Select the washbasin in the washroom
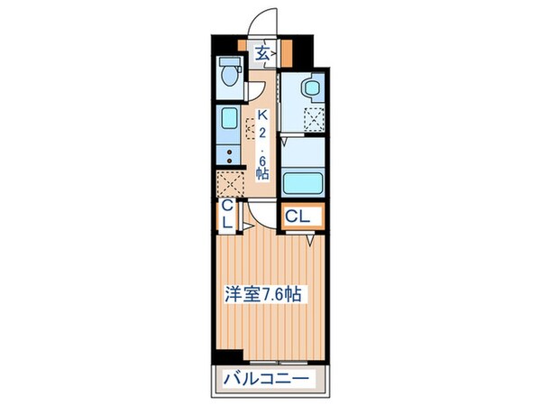pos(309,88)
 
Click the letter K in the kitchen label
pos(262,115)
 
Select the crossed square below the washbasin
pos(313,120)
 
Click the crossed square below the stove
pos(229,184)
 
